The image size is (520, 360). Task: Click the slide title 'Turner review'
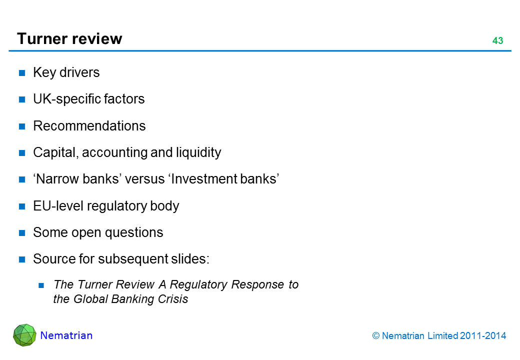tap(69, 39)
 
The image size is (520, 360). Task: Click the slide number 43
tap(497, 41)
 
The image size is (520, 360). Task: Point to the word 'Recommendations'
tap(89, 126)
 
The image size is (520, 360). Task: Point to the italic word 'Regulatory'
tap(198, 284)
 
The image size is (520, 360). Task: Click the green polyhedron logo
tap(24, 335)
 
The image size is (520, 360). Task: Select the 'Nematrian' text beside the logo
tap(66, 335)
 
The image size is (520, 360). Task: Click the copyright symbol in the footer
tap(376, 336)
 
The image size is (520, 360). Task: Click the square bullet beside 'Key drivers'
tap(22, 73)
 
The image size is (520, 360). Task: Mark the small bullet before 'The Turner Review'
tap(42, 285)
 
